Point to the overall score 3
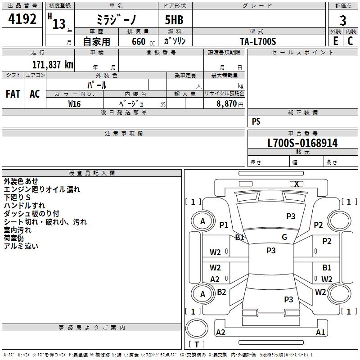click(343, 20)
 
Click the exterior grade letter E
click(336, 41)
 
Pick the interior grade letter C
click(350, 41)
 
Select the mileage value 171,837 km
click(52, 64)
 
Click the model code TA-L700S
click(258, 41)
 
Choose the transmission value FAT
click(13, 94)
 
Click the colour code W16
click(74, 103)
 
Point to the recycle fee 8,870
click(227, 103)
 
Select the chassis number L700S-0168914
click(302, 143)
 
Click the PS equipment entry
click(256, 121)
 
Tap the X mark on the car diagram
click(297, 184)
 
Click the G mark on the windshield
click(284, 237)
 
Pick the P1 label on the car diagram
click(224, 225)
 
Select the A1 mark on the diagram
click(320, 333)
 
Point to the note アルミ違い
click(21, 246)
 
